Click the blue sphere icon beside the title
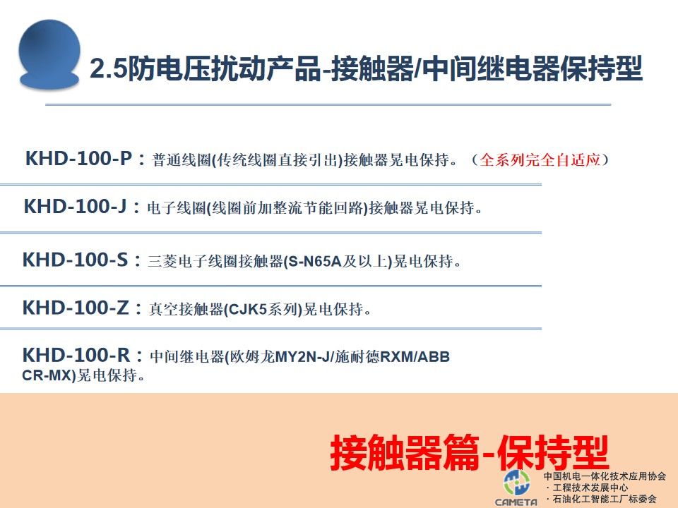(x=49, y=55)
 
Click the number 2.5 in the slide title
(x=107, y=68)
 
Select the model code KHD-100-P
(x=78, y=158)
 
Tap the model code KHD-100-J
(x=76, y=206)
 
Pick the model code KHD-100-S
(x=76, y=260)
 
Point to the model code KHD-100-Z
(x=76, y=308)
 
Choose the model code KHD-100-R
(x=76, y=355)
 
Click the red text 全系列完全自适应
(x=540, y=159)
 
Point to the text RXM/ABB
(x=415, y=357)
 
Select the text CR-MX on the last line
(x=47, y=375)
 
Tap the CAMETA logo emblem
(x=516, y=482)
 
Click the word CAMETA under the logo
(x=516, y=502)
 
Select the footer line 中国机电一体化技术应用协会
(x=605, y=476)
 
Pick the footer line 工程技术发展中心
(x=590, y=488)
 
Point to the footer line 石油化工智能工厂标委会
(x=605, y=499)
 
